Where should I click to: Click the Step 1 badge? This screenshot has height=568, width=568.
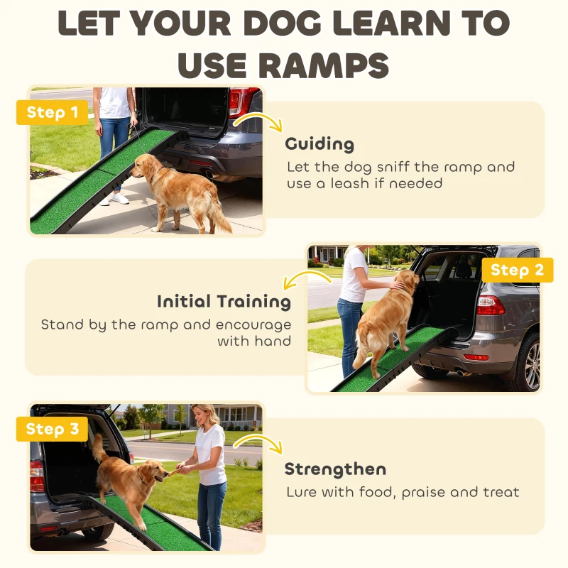[x=52, y=112]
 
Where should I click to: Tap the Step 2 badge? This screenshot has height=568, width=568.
[x=517, y=270]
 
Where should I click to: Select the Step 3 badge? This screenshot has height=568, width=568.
[x=52, y=429]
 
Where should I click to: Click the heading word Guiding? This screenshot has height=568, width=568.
[x=319, y=144]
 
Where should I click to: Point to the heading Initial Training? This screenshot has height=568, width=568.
[x=224, y=301]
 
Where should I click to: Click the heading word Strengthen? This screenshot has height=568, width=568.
[x=335, y=469]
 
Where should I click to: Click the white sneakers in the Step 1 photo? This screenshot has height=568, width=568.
[x=118, y=199]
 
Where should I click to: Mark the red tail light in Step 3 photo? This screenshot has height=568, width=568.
[x=37, y=476]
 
